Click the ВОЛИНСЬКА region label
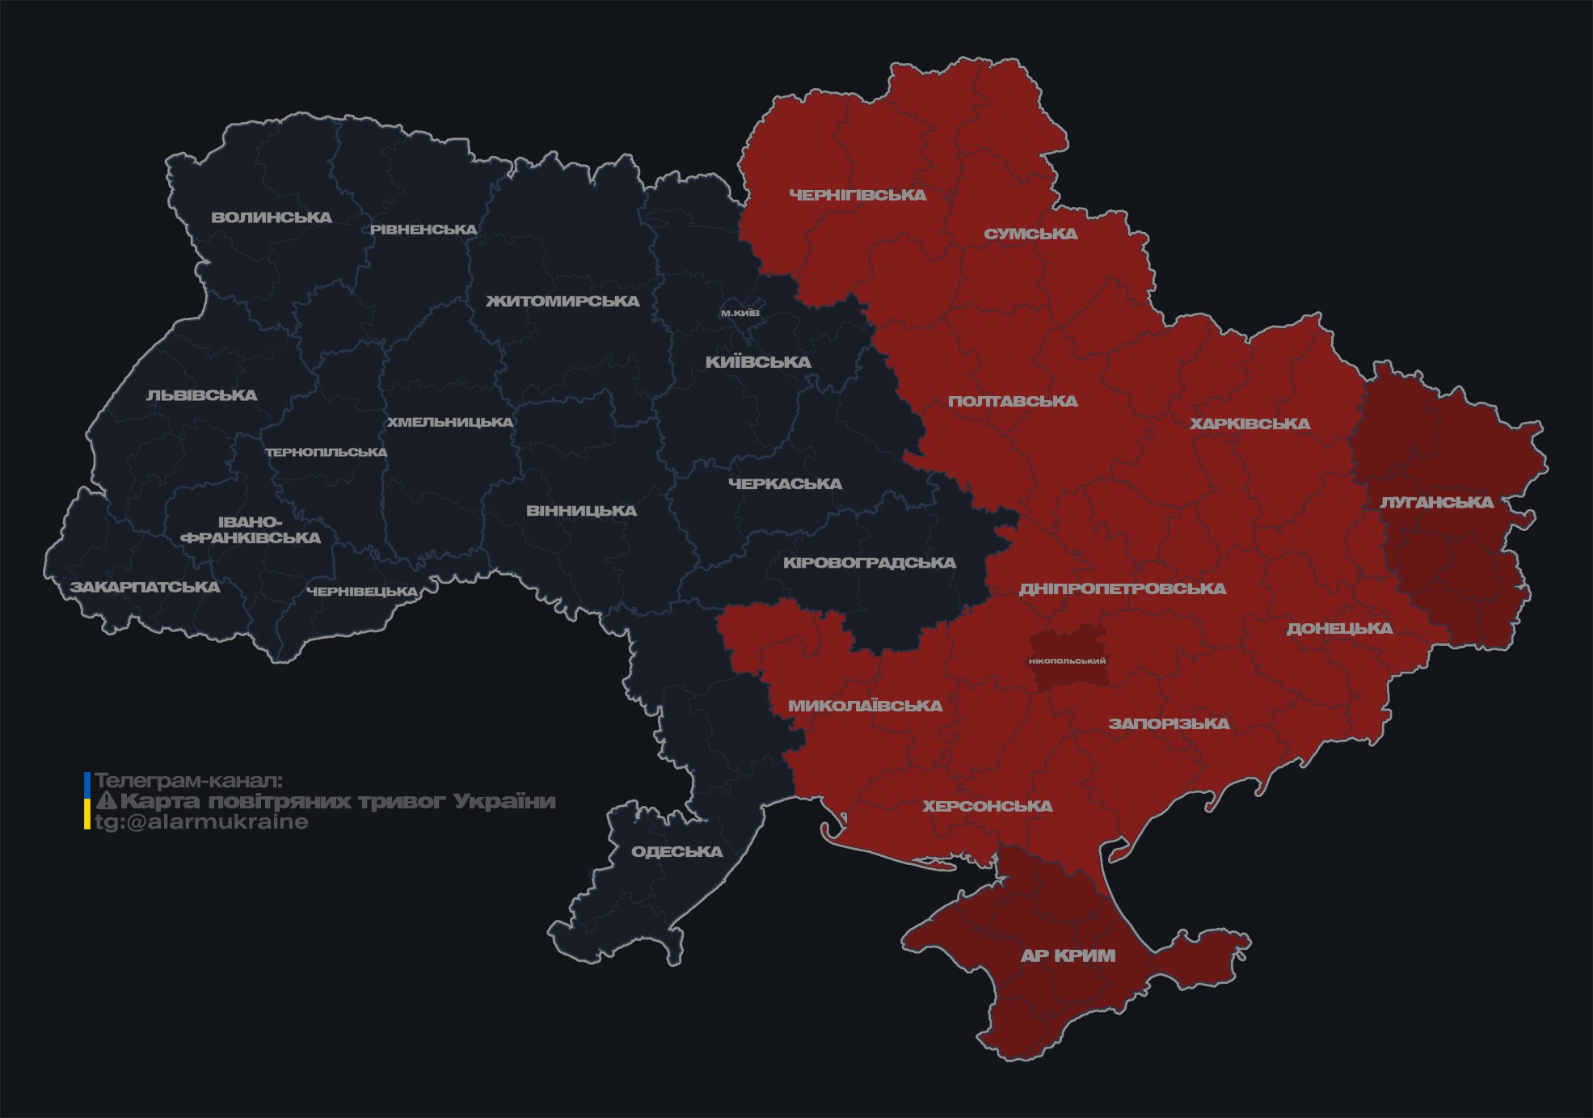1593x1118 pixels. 272,217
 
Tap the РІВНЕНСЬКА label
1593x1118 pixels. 424,230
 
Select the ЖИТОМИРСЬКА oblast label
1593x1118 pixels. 563,302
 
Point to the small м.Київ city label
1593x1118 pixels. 740,313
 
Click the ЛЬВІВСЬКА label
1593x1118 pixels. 202,395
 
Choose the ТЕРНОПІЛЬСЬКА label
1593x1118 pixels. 327,453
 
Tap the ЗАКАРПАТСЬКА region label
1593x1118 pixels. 145,587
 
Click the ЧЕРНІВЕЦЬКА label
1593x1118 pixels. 362,592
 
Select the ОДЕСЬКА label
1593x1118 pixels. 676,852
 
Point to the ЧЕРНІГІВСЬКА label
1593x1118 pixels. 858,195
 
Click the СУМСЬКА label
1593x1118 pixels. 1030,234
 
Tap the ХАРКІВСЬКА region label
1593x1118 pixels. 1250,424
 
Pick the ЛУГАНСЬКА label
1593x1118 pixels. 1436,503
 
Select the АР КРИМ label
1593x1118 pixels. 1068,956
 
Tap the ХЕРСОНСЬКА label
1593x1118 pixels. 988,807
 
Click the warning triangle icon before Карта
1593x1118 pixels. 106,801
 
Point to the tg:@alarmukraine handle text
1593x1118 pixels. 202,822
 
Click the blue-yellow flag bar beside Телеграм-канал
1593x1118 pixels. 87,801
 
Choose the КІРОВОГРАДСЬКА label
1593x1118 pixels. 870,563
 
